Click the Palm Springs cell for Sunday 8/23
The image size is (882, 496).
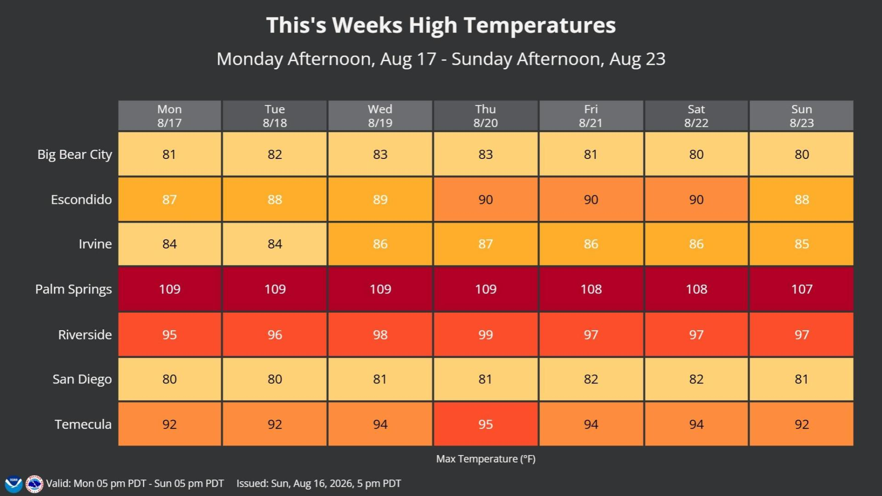802,289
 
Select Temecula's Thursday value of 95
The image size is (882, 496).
486,424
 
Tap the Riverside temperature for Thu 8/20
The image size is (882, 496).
486,334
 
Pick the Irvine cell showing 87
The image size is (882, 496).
486,244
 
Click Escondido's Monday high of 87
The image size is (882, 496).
170,199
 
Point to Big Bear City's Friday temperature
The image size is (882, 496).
591,154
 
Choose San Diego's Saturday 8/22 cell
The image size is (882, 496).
696,379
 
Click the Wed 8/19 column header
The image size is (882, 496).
380,116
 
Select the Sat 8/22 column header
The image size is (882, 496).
696,116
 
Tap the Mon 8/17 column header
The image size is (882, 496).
170,116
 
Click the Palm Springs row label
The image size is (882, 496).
73,289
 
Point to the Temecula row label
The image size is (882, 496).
83,424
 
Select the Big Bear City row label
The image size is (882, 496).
74,155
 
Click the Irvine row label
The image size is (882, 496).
95,244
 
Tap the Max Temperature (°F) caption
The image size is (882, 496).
486,459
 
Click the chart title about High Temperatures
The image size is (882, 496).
441,25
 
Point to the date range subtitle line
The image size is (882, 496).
441,59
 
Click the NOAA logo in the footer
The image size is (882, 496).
13,484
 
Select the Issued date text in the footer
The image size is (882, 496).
319,484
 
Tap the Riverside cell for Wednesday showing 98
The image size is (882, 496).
380,334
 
